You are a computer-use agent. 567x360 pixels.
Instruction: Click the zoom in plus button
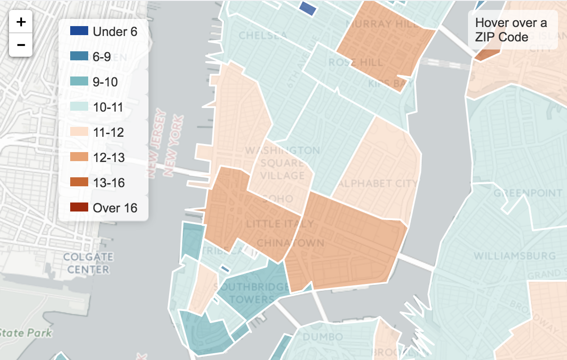21,22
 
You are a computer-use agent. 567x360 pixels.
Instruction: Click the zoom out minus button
21,45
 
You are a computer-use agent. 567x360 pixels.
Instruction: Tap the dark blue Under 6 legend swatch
79,31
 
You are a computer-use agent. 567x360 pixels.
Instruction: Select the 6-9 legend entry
102,57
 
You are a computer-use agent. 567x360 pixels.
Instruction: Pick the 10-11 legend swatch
79,107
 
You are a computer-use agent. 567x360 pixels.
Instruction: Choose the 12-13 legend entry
108,157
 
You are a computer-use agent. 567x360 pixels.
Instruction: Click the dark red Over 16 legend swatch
79,208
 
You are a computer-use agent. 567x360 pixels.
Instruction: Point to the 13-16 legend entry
108,183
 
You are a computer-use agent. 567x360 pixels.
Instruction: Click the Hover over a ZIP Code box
512,30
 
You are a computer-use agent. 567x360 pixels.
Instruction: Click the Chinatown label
290,243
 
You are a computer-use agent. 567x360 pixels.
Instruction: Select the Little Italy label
280,223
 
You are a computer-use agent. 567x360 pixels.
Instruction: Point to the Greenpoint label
528,193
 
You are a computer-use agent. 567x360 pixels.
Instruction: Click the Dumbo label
323,337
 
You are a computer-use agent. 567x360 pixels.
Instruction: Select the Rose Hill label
355,62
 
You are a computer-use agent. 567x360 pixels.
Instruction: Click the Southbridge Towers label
251,293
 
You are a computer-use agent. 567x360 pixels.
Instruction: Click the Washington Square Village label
282,162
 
